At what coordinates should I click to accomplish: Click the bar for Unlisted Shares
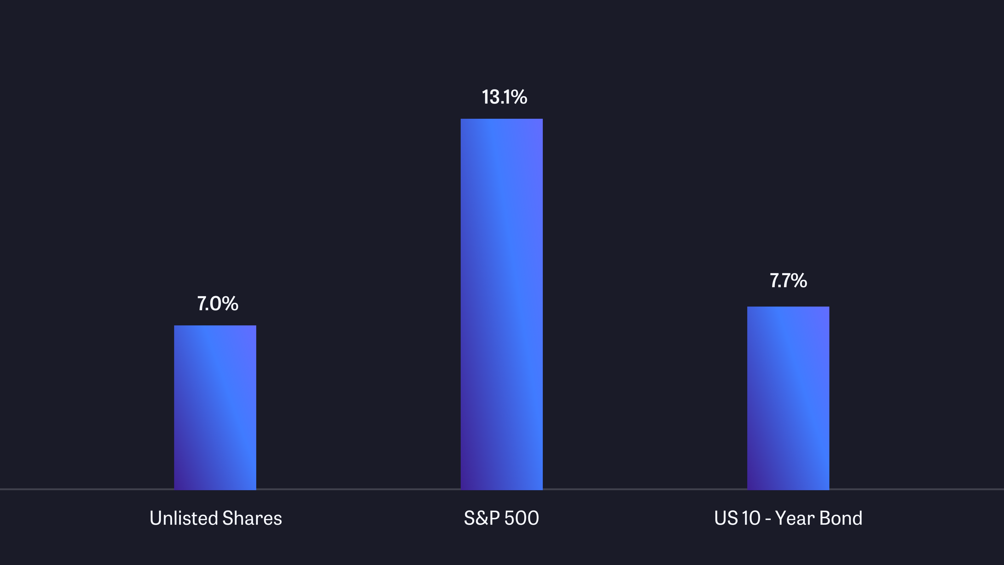(215, 408)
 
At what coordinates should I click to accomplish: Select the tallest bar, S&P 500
(502, 304)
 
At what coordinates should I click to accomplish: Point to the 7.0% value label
(218, 304)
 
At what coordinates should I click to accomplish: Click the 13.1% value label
(504, 97)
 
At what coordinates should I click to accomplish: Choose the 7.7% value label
(788, 281)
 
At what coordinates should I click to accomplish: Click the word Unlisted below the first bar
(184, 518)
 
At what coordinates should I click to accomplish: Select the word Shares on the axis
(252, 518)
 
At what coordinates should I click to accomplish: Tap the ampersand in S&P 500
(481, 518)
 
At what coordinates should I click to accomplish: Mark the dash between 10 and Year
(768, 519)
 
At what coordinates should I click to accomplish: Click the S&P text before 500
(482, 518)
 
